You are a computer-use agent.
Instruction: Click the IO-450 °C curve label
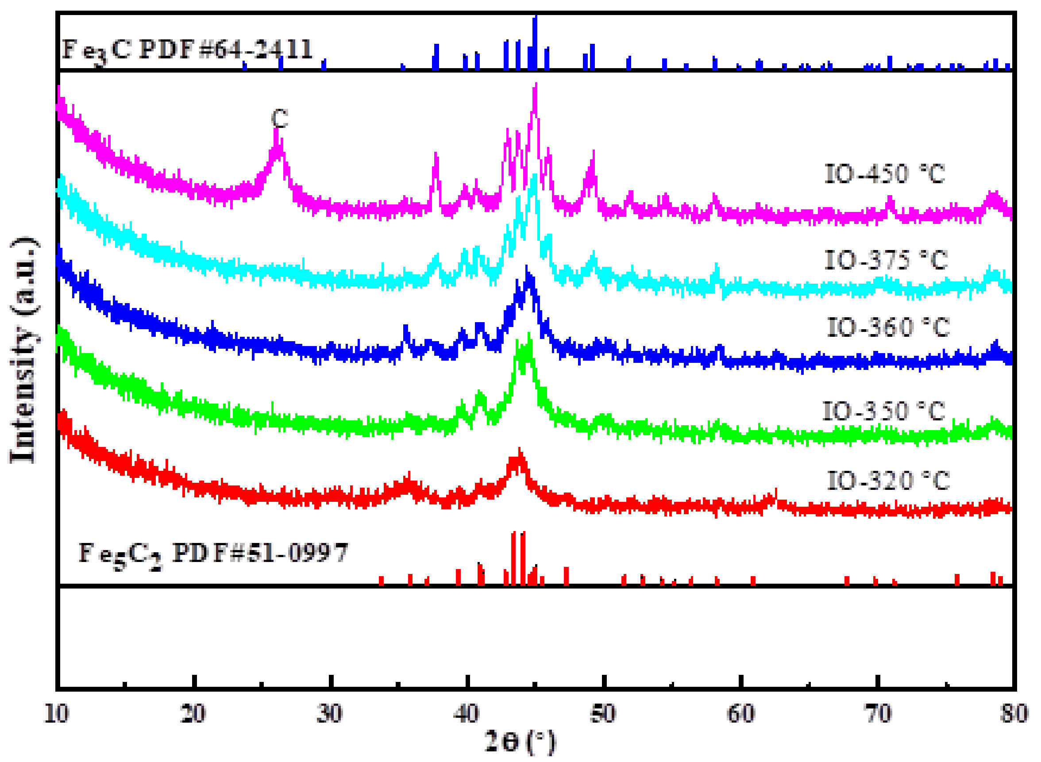[x=884, y=174]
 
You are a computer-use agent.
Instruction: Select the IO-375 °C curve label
[x=886, y=260]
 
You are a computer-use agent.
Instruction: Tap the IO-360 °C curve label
[x=888, y=327]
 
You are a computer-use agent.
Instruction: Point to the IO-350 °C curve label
[x=884, y=411]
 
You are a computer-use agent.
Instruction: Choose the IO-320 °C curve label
[x=888, y=481]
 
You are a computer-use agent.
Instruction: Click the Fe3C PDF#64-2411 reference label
[x=187, y=50]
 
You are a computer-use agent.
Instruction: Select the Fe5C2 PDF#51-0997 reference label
[x=213, y=554]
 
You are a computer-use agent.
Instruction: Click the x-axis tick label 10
[x=56, y=714]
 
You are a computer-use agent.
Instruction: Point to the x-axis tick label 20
[x=193, y=714]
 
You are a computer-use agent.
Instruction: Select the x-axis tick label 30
[x=329, y=714]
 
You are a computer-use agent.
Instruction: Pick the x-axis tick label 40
[x=467, y=714]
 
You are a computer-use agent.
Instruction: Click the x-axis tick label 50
[x=603, y=714]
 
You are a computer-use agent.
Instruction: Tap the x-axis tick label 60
[x=740, y=714]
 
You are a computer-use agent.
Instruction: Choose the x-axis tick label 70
[x=877, y=714]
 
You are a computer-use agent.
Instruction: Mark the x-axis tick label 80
[x=1013, y=714]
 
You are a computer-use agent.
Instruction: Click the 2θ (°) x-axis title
[x=520, y=742]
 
